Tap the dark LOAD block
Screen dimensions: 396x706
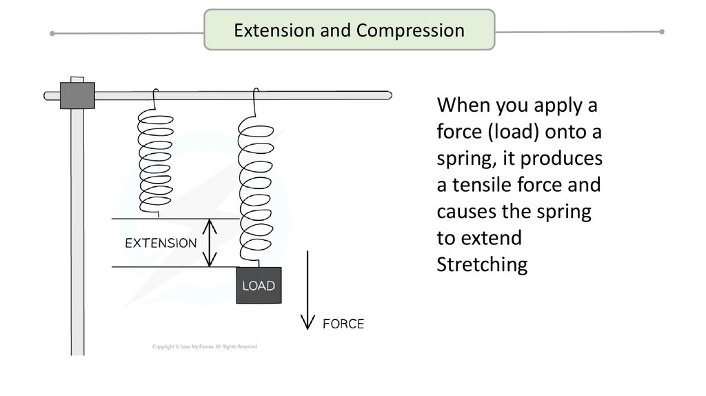[x=258, y=285]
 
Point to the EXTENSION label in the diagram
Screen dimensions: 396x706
[x=161, y=244]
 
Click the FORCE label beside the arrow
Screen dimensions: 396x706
[x=344, y=323]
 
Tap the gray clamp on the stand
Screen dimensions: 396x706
[x=77, y=95]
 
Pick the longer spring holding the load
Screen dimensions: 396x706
[x=255, y=183]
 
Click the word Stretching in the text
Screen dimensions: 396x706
[x=482, y=265]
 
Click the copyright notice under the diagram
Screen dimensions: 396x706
[x=204, y=346]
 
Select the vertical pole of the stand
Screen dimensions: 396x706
[x=77, y=228]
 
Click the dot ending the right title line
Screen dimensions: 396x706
[x=662, y=31]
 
